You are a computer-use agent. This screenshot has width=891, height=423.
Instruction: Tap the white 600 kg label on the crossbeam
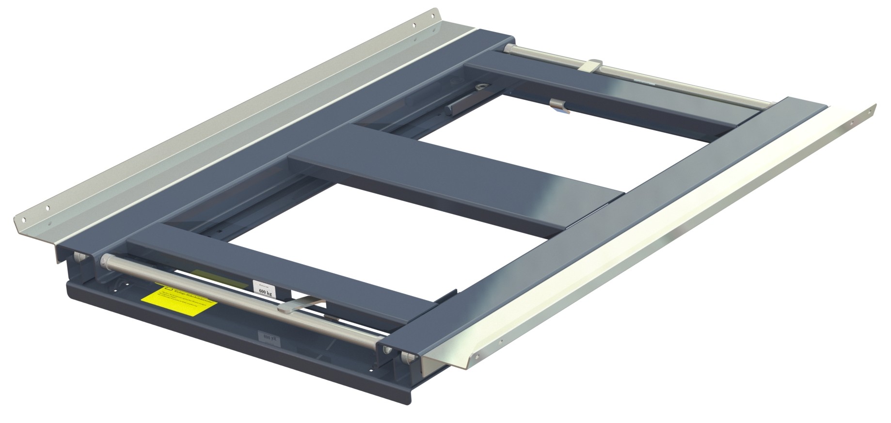coord(262,287)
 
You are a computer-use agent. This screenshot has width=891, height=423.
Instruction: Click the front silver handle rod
coord(233,296)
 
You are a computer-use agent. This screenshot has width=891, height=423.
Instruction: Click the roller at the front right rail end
coord(406,358)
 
